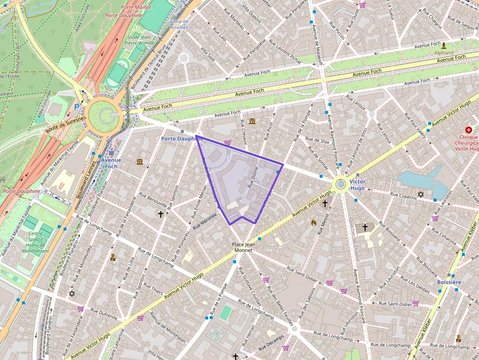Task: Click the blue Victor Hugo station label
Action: (x=357, y=185)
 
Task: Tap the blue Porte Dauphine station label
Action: (x=181, y=139)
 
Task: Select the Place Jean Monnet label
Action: (x=242, y=247)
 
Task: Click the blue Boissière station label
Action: (x=449, y=282)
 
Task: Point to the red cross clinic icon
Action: (x=469, y=130)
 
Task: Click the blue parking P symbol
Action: (x=77, y=106)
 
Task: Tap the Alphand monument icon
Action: (x=444, y=46)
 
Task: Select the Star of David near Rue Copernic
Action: (x=421, y=194)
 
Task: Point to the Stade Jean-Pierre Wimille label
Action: (x=140, y=40)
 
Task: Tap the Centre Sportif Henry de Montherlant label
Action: (x=35, y=242)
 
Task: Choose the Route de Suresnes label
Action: (x=65, y=124)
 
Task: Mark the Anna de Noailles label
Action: (x=179, y=24)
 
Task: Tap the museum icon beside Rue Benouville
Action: (x=140, y=162)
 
